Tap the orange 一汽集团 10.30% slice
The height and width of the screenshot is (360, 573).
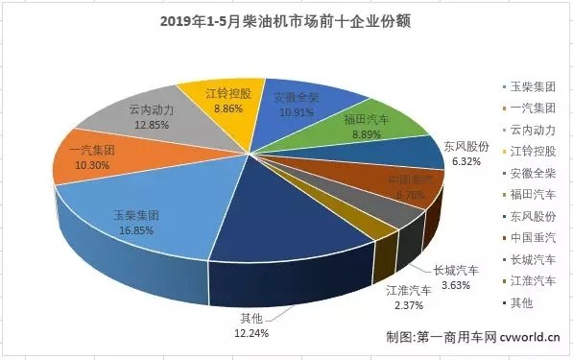point(91,158)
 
